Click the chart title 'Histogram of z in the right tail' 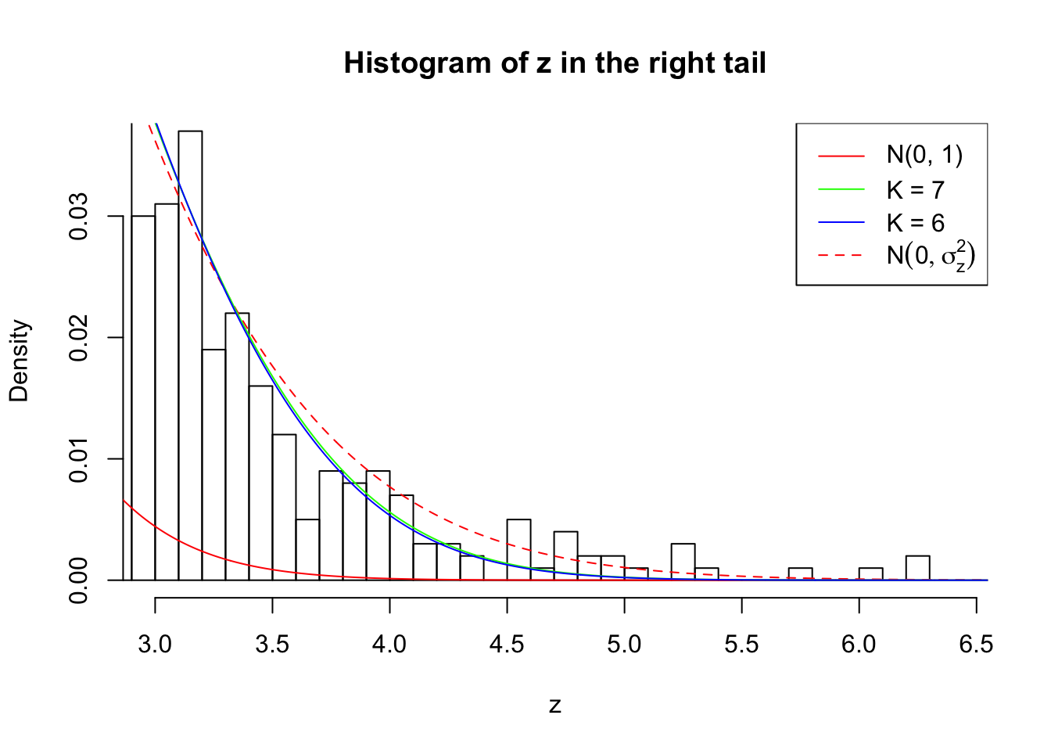pos(554,63)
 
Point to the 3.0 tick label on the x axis pos(155,645)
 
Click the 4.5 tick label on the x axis pos(507,645)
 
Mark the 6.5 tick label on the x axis pos(976,645)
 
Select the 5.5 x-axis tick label pos(741,645)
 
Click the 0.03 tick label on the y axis pos(78,216)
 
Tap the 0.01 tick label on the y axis pos(78,459)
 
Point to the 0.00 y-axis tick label pos(78,580)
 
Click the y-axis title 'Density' pos(19,361)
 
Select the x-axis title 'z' pos(554,706)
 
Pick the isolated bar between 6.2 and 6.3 pos(917,568)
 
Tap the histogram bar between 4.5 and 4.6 pos(518,550)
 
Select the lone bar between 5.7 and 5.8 pos(800,574)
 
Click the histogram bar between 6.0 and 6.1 pos(870,574)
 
